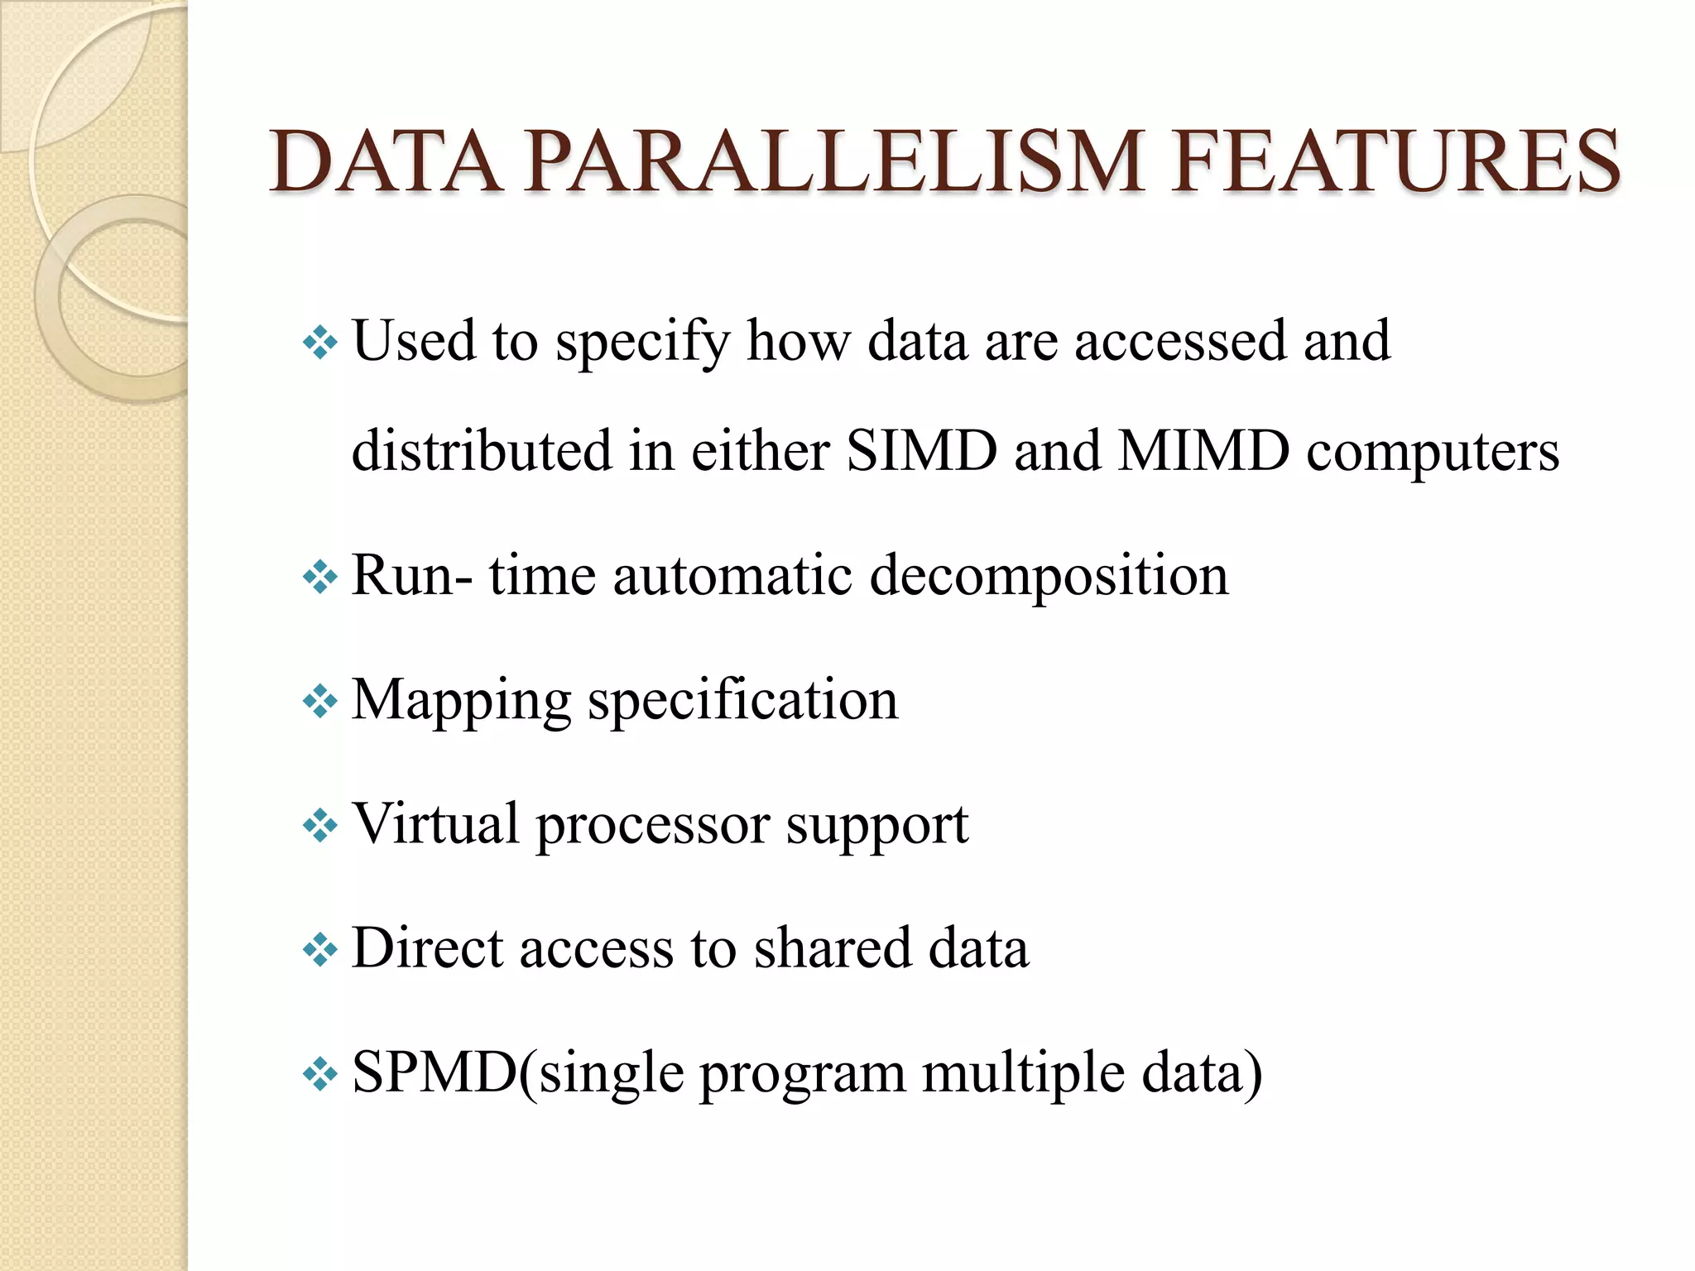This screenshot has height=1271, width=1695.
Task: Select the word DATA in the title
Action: pos(386,162)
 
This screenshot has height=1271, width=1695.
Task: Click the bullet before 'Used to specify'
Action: pos(320,342)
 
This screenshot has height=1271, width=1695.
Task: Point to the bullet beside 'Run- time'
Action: pos(320,577)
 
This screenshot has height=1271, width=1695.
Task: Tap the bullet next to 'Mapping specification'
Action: pos(320,702)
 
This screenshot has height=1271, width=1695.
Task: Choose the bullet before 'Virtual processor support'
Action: pos(320,825)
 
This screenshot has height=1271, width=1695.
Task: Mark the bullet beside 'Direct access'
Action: pos(320,950)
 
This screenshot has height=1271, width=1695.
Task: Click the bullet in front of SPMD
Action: pos(320,1074)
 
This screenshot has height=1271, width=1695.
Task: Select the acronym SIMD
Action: pos(921,451)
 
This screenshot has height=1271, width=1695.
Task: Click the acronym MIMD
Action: pos(1203,451)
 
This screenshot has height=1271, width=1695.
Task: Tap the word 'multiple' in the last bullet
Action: pos(1023,1074)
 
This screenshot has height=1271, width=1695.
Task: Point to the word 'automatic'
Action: pos(732,576)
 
